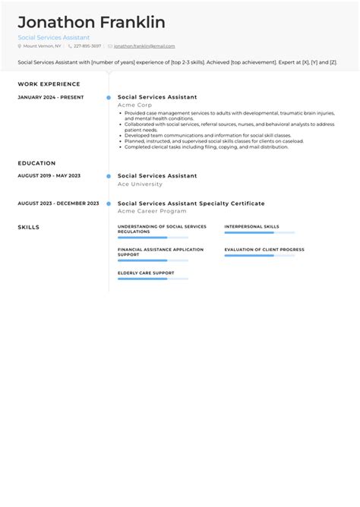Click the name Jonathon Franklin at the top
91,22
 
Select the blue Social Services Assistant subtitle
54,37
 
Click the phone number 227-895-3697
87,46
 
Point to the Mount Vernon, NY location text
43,46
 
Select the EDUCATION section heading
36,163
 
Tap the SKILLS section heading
29,227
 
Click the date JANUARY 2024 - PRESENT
51,97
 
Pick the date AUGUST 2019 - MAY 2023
49,175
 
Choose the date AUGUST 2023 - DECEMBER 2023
58,203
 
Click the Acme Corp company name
134,105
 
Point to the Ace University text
140,184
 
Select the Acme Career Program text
152,211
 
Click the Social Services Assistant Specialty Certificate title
191,203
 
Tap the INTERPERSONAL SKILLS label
251,226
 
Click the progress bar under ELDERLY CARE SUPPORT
153,279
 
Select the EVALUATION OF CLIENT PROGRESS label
264,249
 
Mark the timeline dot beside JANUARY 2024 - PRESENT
109,97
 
